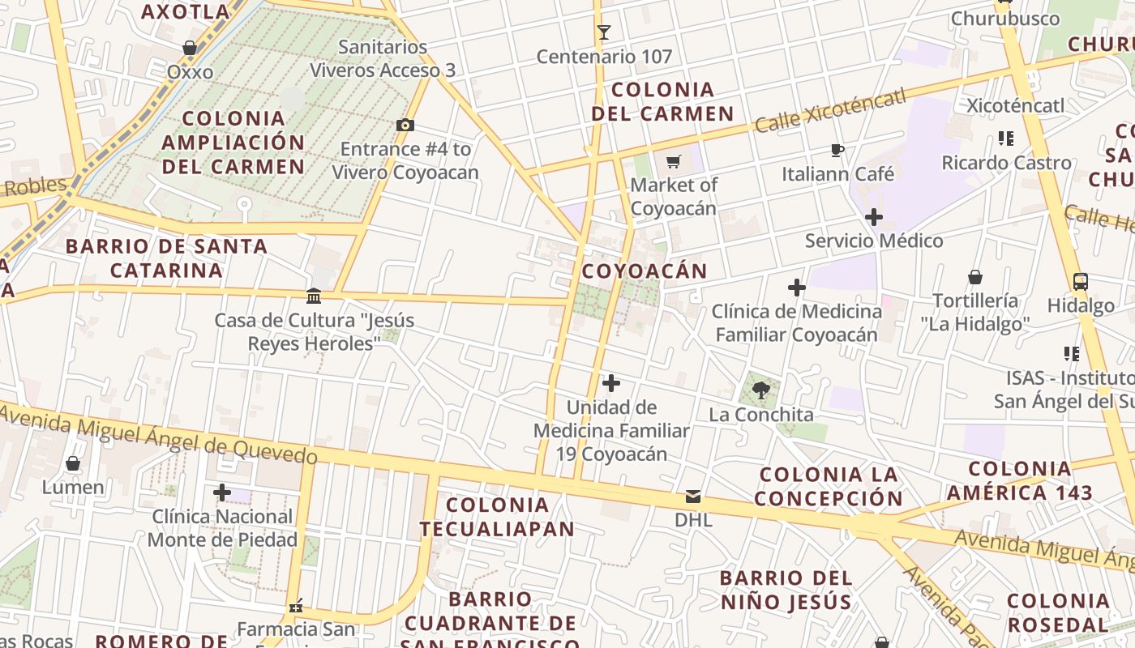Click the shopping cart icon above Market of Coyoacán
673,162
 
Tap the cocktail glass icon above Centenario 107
603,32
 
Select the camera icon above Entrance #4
405,125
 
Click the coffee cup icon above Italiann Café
837,150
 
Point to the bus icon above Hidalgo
1080,282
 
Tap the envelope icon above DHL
693,497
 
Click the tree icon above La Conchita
760,391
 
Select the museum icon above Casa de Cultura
314,296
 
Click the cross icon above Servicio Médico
873,217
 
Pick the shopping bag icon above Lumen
73,463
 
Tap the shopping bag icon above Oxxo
190,49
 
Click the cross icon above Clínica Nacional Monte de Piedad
221,492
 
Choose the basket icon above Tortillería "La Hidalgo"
975,277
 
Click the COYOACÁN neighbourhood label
645,271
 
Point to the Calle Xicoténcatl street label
829,112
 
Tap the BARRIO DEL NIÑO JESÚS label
786,590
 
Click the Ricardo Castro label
1006,163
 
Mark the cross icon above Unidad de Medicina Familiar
611,383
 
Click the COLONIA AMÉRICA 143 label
1020,480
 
